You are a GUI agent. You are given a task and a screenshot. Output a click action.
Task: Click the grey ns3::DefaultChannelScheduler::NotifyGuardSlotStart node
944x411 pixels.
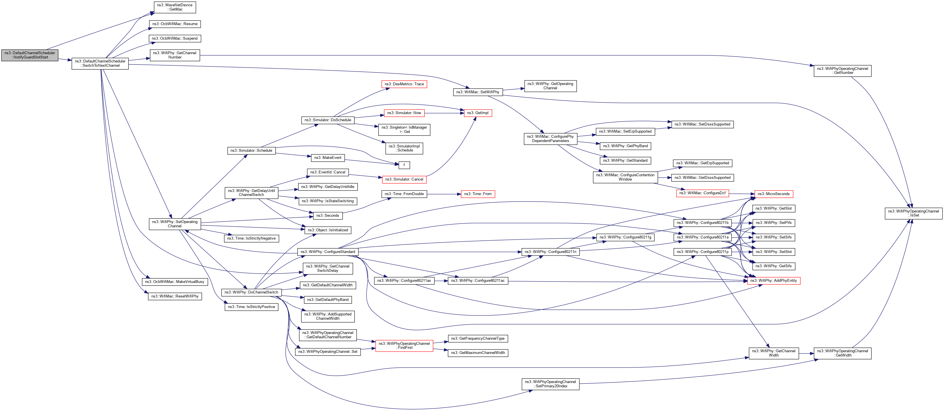30,55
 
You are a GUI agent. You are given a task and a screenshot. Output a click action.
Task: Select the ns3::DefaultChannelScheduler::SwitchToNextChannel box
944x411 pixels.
100,63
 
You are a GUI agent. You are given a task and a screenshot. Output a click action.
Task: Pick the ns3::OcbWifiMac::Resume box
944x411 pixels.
175,24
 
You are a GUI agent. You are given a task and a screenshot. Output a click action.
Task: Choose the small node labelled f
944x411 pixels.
404,165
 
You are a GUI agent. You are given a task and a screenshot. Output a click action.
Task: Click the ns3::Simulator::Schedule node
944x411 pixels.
251,150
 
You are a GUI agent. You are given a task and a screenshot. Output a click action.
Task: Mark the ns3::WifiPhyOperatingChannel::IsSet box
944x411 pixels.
913,213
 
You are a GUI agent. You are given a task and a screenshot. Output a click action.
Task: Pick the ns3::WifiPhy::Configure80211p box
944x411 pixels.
702,252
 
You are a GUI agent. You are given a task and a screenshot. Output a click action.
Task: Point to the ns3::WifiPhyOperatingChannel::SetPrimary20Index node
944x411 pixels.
550,384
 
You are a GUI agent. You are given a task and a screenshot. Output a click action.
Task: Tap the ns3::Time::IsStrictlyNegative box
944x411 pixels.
251,238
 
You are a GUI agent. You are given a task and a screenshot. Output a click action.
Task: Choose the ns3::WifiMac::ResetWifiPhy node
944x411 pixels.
175,296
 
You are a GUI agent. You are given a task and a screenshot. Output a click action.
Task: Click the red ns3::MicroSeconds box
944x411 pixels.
773,194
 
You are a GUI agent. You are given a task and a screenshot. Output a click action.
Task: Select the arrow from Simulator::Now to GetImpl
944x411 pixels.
444,113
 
